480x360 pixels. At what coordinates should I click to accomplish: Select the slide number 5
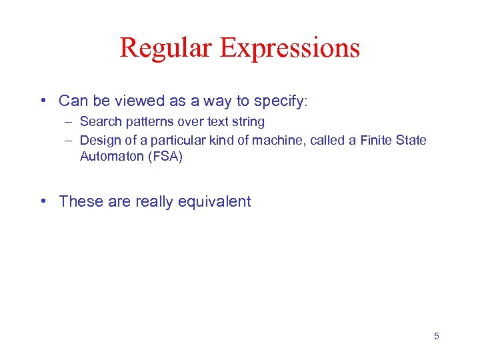[x=437, y=336]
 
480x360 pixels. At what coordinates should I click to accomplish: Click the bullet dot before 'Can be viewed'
[x=43, y=101]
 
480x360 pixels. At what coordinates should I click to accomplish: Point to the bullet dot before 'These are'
[x=43, y=201]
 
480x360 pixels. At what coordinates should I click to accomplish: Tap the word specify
[x=279, y=101]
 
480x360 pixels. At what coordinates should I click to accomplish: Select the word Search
[x=99, y=122]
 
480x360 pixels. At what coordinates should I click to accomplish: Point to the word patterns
[x=148, y=122]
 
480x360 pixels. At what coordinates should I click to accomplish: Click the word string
[x=249, y=122]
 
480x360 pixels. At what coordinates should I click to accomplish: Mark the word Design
[x=99, y=140]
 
